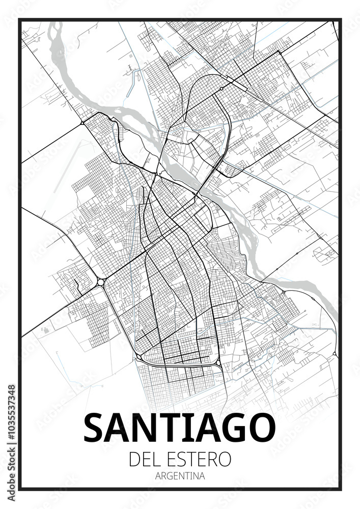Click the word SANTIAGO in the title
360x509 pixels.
(179, 428)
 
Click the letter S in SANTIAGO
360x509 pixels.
(94, 428)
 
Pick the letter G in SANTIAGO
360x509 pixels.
(231, 428)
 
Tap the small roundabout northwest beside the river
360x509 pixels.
(82, 123)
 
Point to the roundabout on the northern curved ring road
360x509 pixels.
(221, 89)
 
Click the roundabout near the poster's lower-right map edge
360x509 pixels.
(334, 353)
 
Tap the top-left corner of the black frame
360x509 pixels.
(19, 20)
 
